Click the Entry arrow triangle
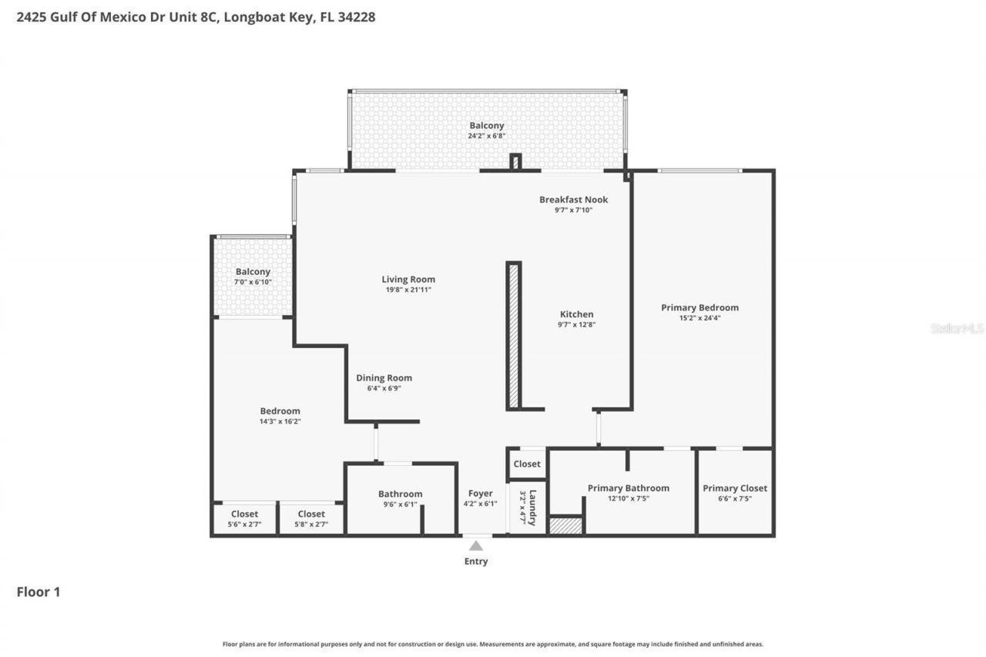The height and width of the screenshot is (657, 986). pos(476,546)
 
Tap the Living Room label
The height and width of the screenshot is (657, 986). pos(408,280)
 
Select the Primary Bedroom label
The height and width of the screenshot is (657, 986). pos(699,307)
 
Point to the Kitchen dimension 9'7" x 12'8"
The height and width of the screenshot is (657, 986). pos(576,325)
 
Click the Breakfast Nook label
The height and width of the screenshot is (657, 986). pos(573,199)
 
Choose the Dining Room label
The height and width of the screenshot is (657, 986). pos(384,378)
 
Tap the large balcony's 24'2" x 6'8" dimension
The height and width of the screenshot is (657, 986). pos(486,136)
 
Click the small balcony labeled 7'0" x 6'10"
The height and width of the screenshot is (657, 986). pos(253,277)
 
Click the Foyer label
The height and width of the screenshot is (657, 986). pos(480,494)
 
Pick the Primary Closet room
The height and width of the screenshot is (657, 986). pos(734,493)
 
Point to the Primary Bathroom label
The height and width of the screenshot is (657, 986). pos(628,488)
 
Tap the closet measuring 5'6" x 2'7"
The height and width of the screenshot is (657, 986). pos(244,519)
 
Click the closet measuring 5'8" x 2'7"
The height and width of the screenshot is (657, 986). pos(311,519)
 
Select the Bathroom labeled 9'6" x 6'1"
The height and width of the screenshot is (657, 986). pos(400,499)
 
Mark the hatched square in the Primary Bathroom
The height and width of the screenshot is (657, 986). pos(565,525)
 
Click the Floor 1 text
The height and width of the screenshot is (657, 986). pos(39,592)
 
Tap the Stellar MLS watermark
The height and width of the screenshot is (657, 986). pos(957,328)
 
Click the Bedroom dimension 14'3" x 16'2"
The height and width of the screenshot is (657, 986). pos(280,421)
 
